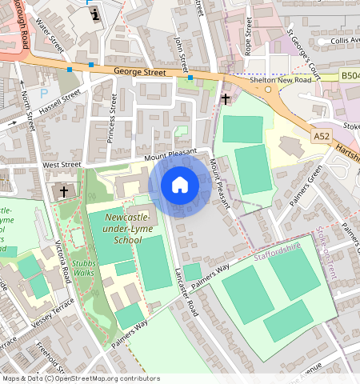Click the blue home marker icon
pos(180,186)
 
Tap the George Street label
pos(140,73)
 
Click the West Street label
pos(62,165)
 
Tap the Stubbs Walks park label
pos(82,267)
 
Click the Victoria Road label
pos(62,262)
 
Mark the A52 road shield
pos(322,137)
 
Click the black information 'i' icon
pos(96,13)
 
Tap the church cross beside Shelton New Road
pos(226,100)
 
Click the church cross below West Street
pos(63,192)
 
